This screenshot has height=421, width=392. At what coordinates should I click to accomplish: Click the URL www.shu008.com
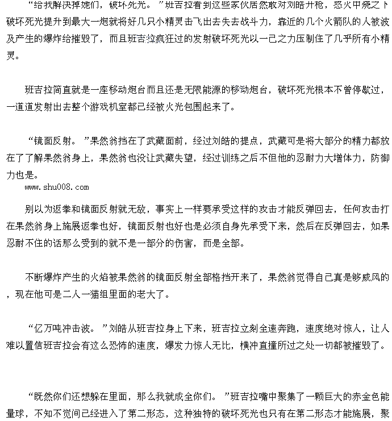[57, 187]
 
